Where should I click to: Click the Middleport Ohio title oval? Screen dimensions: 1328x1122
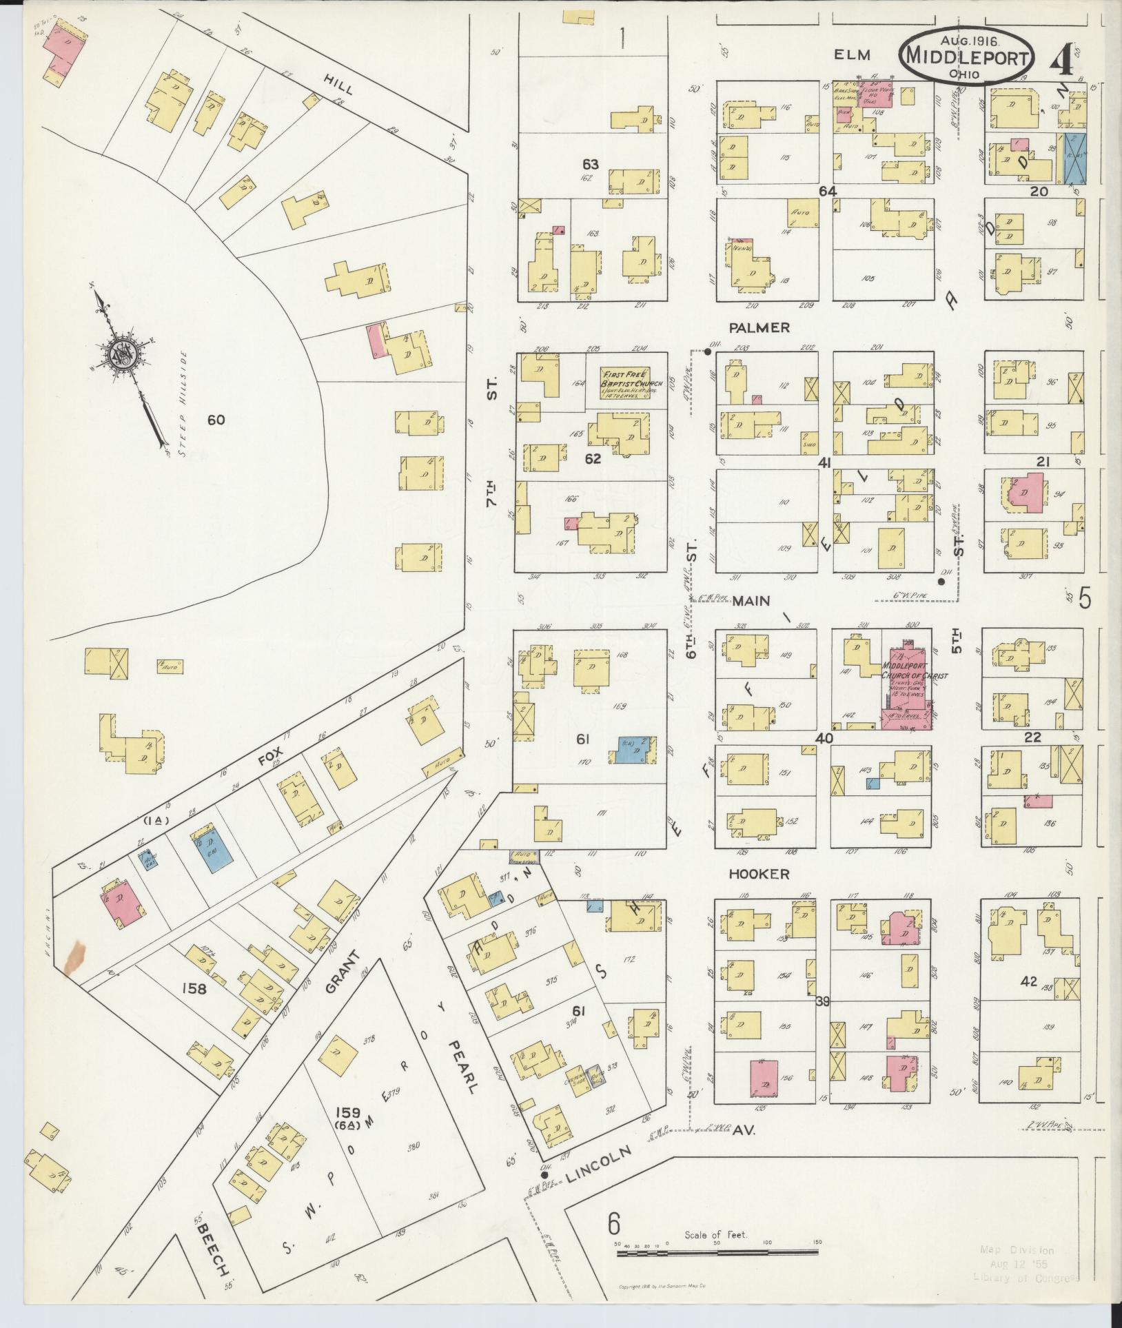pos(966,56)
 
